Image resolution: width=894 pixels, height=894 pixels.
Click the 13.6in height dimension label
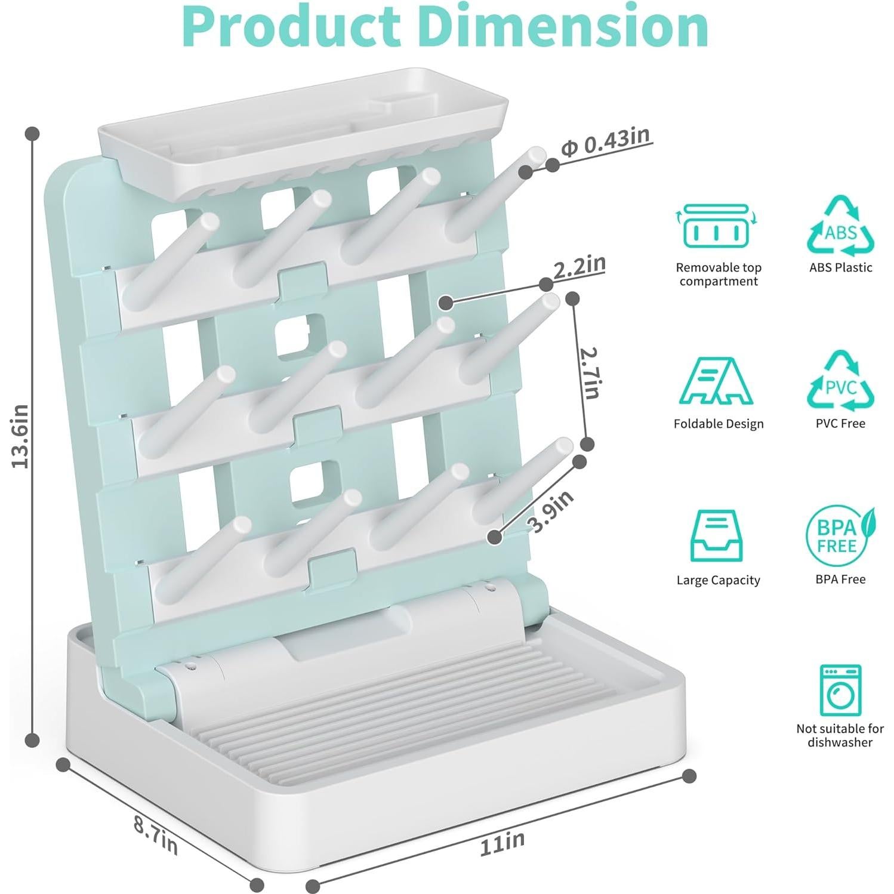point(20,436)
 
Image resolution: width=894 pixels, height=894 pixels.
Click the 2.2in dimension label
point(579,266)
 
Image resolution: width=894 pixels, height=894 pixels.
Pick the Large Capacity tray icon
point(716,536)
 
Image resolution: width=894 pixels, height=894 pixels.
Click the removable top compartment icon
point(716,227)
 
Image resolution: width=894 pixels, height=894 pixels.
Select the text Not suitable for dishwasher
point(840,735)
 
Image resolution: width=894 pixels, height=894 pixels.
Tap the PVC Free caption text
point(840,424)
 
